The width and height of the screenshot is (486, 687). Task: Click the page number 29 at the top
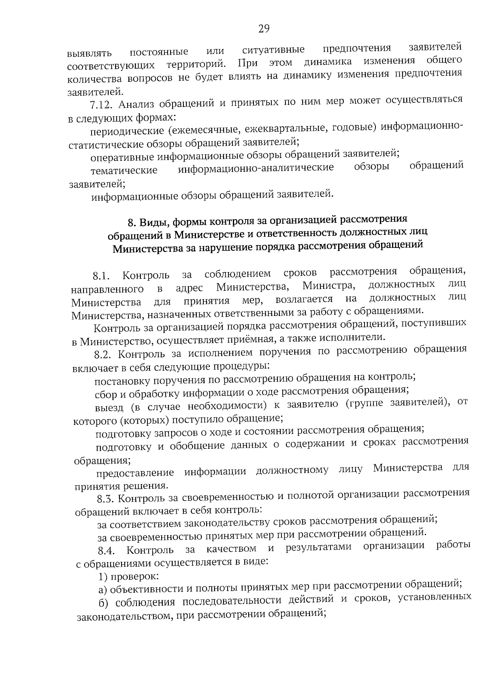(x=263, y=29)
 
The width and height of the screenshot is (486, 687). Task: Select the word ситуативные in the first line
(x=273, y=51)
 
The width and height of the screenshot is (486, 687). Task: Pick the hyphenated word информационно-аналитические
(x=256, y=168)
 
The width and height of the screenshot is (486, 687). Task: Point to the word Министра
(x=328, y=286)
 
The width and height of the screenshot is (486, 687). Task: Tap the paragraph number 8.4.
(x=107, y=551)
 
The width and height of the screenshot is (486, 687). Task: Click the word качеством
(x=231, y=549)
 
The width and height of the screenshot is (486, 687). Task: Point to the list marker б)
(x=104, y=603)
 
